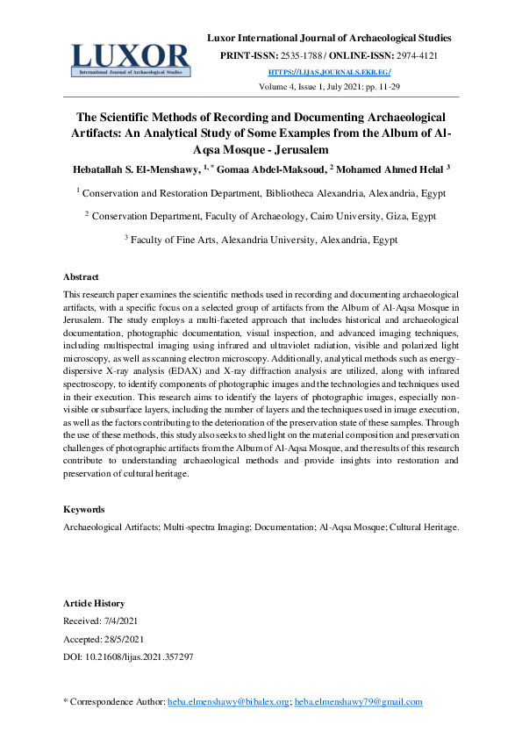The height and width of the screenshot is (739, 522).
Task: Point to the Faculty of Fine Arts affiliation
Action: [x=171, y=240]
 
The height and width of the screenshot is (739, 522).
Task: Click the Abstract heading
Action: [x=82, y=276]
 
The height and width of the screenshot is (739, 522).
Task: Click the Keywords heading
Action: [x=84, y=510]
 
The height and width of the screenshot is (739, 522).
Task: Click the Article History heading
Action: [x=94, y=604]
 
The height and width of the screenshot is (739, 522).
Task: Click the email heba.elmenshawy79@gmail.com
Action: [x=358, y=702]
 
